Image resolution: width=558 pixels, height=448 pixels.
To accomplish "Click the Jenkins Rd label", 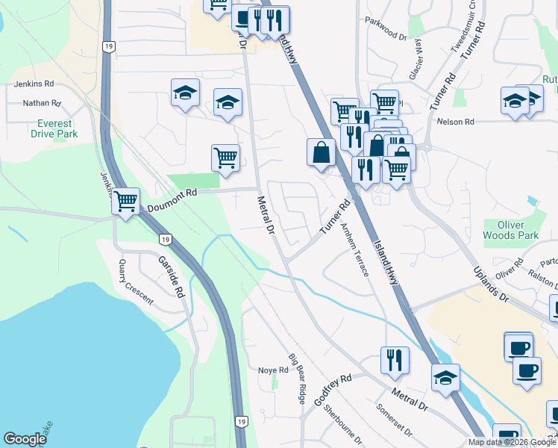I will tap(29, 84).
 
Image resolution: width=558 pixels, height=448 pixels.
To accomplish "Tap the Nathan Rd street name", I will tap(41, 103).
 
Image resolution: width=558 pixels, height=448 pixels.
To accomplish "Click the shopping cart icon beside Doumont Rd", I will tap(126, 200).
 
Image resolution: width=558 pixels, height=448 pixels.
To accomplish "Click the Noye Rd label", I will tap(273, 370).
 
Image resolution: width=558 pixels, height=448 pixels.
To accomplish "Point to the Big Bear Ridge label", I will tap(297, 378).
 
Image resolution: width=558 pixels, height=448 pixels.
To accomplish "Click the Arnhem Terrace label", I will tap(354, 249).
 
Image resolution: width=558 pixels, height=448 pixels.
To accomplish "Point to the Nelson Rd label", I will tap(457, 122).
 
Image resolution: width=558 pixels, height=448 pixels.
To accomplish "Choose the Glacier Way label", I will tap(415, 60).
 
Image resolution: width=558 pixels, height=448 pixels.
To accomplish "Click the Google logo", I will tap(25, 439).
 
